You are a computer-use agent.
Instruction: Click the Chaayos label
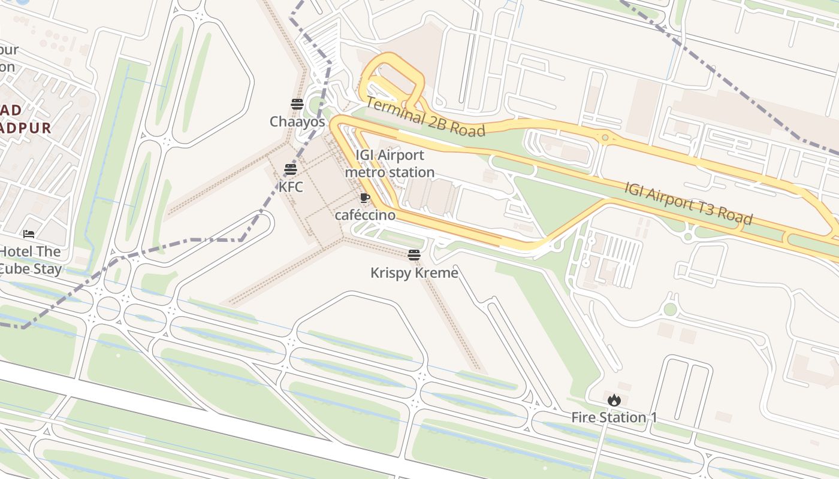coord(297,122)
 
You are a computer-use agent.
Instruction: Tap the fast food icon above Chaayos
coord(297,104)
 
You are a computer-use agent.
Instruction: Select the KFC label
coord(291,187)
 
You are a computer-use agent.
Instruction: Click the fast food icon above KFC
coord(291,169)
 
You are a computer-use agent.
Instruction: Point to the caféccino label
coord(365,215)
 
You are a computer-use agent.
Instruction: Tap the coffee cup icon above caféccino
coord(364,198)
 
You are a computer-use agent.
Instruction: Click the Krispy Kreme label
coord(414,273)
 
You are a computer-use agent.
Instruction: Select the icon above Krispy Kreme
coord(414,255)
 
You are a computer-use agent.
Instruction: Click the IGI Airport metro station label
coord(390,163)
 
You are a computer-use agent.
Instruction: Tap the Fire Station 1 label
coord(614,417)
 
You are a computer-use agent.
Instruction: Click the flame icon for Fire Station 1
coord(614,400)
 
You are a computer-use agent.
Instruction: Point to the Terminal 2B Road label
coord(425,117)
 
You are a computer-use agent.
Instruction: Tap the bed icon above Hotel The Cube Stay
coord(29,234)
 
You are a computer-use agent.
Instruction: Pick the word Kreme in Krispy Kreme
coord(438,273)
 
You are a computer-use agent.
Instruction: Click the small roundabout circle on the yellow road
coord(605,138)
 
